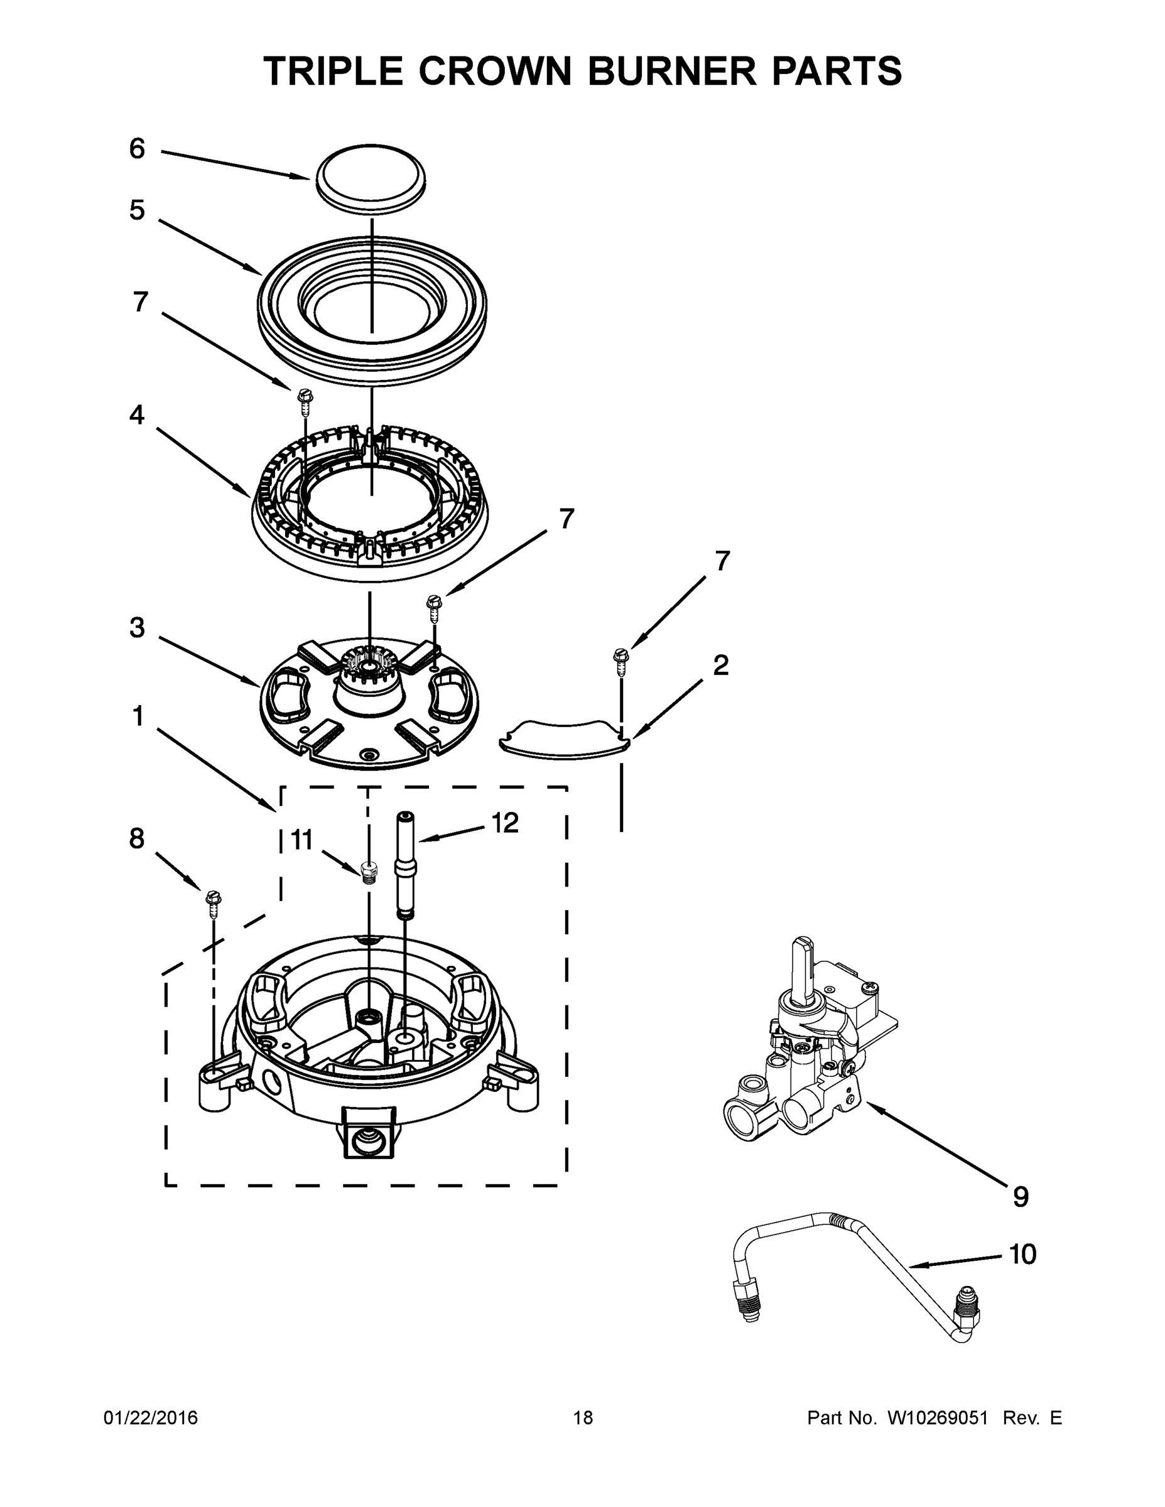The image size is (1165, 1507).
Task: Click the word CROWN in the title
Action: pos(495,71)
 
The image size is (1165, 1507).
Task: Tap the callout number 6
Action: pos(138,149)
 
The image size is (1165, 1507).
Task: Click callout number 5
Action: pos(138,210)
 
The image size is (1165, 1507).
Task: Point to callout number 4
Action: pos(138,414)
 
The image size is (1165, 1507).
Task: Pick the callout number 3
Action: pos(138,628)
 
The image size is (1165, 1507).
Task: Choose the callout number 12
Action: pos(504,823)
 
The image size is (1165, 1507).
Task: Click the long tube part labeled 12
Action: pos(404,866)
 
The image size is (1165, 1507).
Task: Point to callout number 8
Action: pos(137,839)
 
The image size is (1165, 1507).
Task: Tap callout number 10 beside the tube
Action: pos(1023,1255)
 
